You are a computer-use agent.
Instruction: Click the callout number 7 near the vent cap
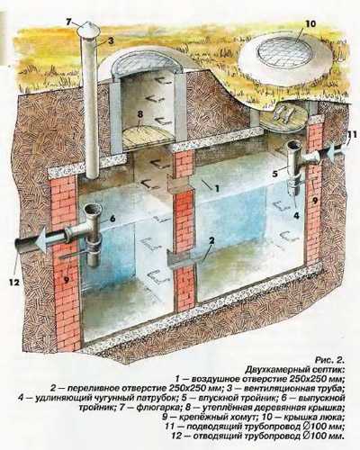coord(68,22)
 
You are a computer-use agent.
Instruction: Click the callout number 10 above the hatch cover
coord(310,23)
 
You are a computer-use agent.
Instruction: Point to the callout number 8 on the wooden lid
coord(139,114)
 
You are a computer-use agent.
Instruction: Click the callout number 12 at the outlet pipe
coord(14,283)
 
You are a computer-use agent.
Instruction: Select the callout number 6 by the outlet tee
coord(112,219)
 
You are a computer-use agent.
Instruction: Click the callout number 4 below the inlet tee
coord(296,215)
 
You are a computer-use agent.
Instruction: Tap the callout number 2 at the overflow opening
coord(212,240)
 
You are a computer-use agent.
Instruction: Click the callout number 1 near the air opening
coord(217,188)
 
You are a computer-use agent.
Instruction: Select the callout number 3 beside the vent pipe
coord(111,41)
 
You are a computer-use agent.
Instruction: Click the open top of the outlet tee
coord(93,208)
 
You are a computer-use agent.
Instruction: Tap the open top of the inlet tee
coord(294,146)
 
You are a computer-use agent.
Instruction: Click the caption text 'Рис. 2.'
coord(328,359)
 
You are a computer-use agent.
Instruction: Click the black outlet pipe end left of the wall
coord(23,245)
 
